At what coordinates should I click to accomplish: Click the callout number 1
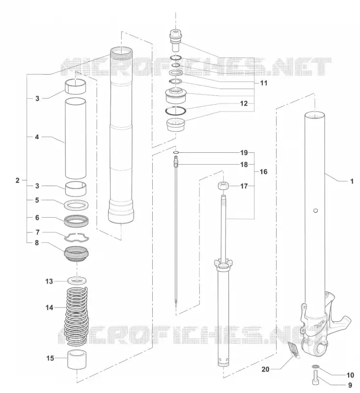point(352,181)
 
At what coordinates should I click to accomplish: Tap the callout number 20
point(265,369)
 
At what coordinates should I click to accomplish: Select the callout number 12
point(244,103)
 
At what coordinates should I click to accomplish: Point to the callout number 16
point(264,171)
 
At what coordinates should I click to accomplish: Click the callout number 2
point(17,180)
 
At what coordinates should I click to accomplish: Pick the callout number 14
point(49,308)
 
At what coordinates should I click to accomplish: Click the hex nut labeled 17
point(222,186)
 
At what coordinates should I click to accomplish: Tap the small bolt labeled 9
point(315,378)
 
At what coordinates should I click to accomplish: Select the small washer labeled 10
point(316,367)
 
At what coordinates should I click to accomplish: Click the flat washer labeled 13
point(77,280)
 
